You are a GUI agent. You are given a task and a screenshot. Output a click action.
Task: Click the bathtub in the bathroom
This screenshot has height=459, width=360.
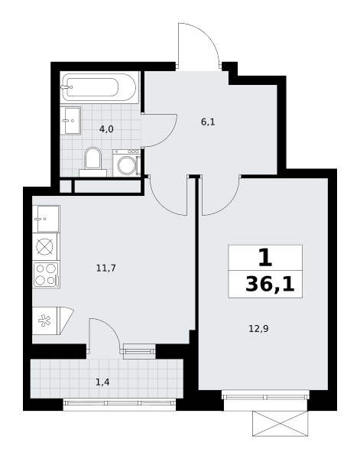point(99,87)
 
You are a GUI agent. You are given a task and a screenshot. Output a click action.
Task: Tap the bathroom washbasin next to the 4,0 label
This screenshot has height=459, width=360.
point(70,120)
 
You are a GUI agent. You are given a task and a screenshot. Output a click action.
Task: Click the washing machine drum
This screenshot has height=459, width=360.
point(127,165)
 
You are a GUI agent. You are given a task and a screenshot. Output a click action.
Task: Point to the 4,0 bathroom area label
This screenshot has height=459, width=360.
point(106,129)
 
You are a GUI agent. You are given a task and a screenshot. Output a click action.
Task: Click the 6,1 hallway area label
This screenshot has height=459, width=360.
point(208,122)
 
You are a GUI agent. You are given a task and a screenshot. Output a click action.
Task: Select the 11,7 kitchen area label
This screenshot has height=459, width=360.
point(106,268)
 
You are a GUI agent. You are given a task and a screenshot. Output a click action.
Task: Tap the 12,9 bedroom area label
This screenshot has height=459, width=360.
point(258,329)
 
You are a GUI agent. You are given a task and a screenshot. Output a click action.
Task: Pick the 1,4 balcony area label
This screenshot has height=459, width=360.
point(102,382)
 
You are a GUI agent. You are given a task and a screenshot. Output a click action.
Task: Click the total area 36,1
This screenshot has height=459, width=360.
point(270,285)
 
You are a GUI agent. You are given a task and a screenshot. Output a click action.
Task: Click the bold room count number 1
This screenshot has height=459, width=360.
point(265,258)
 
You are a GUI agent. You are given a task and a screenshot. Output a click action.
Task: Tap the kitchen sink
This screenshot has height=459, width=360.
point(46,218)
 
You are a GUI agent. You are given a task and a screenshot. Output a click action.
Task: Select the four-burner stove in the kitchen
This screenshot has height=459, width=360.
point(46,275)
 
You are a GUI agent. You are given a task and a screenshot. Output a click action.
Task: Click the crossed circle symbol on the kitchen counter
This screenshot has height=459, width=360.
point(44,246)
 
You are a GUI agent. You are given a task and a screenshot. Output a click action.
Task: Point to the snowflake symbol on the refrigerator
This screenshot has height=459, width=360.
point(44,321)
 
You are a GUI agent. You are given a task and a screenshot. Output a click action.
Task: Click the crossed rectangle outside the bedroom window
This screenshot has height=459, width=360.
point(281,424)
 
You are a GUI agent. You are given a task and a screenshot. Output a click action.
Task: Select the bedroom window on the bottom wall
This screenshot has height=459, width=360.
point(265,397)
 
